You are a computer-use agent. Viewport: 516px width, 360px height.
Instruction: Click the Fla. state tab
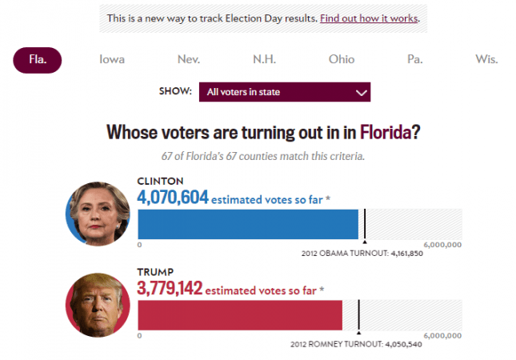[37, 59]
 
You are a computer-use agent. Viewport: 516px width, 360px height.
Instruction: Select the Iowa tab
[111, 59]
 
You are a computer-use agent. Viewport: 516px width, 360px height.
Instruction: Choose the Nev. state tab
[189, 59]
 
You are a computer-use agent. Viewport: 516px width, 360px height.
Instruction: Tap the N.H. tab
[265, 59]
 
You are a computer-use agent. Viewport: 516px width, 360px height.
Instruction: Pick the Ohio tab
[342, 59]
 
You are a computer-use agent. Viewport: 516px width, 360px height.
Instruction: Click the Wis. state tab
[486, 59]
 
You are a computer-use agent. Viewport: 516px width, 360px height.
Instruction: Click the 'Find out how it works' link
[369, 18]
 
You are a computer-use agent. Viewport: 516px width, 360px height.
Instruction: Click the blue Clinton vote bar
[248, 225]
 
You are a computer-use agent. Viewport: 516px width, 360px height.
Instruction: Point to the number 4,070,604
[172, 198]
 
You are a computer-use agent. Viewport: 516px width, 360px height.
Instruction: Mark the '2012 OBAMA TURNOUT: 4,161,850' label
[362, 254]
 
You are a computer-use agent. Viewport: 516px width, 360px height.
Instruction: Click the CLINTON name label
[161, 181]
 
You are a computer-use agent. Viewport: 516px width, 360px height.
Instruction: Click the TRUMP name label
[155, 272]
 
